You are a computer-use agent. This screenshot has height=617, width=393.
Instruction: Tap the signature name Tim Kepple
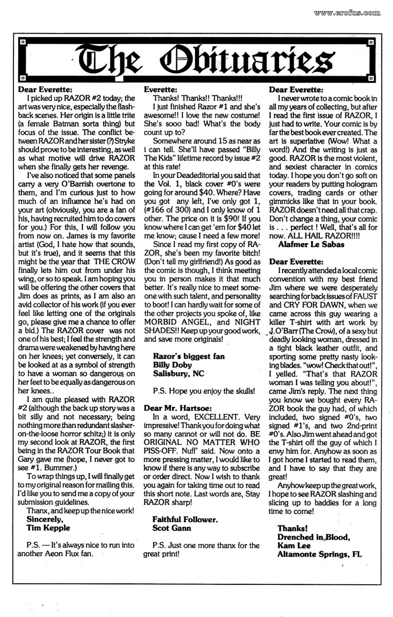[48, 528]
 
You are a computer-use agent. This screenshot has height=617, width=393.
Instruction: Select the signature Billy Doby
[172, 365]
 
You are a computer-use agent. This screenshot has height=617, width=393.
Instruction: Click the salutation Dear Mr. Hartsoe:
[178, 408]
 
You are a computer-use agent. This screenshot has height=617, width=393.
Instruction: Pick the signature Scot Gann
[172, 528]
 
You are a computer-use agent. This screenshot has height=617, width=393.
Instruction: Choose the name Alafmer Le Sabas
[311, 244]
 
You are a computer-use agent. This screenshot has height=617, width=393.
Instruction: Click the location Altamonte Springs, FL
[319, 554]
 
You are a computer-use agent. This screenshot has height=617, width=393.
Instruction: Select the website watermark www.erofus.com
[347, 13]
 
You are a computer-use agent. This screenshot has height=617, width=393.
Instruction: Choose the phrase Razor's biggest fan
[189, 356]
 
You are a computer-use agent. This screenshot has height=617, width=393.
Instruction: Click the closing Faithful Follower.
[185, 519]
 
